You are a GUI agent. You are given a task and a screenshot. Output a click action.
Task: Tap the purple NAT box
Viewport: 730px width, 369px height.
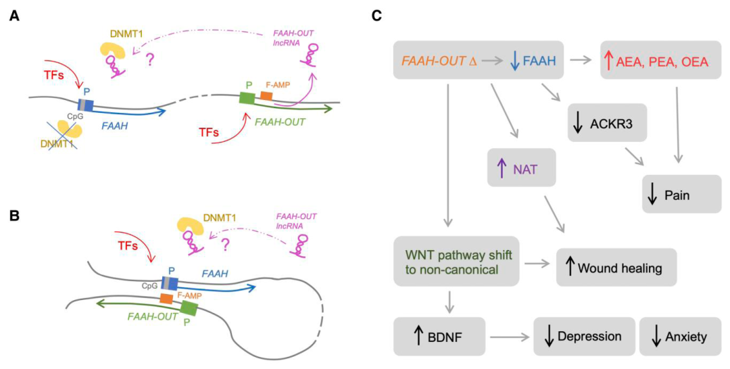tap(521, 168)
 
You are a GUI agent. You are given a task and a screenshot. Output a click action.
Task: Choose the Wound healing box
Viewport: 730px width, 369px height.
tap(616, 268)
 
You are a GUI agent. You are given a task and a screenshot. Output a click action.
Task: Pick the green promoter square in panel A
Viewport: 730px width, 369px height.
tap(247, 98)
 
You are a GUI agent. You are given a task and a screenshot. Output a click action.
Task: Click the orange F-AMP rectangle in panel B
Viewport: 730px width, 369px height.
tap(166, 298)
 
